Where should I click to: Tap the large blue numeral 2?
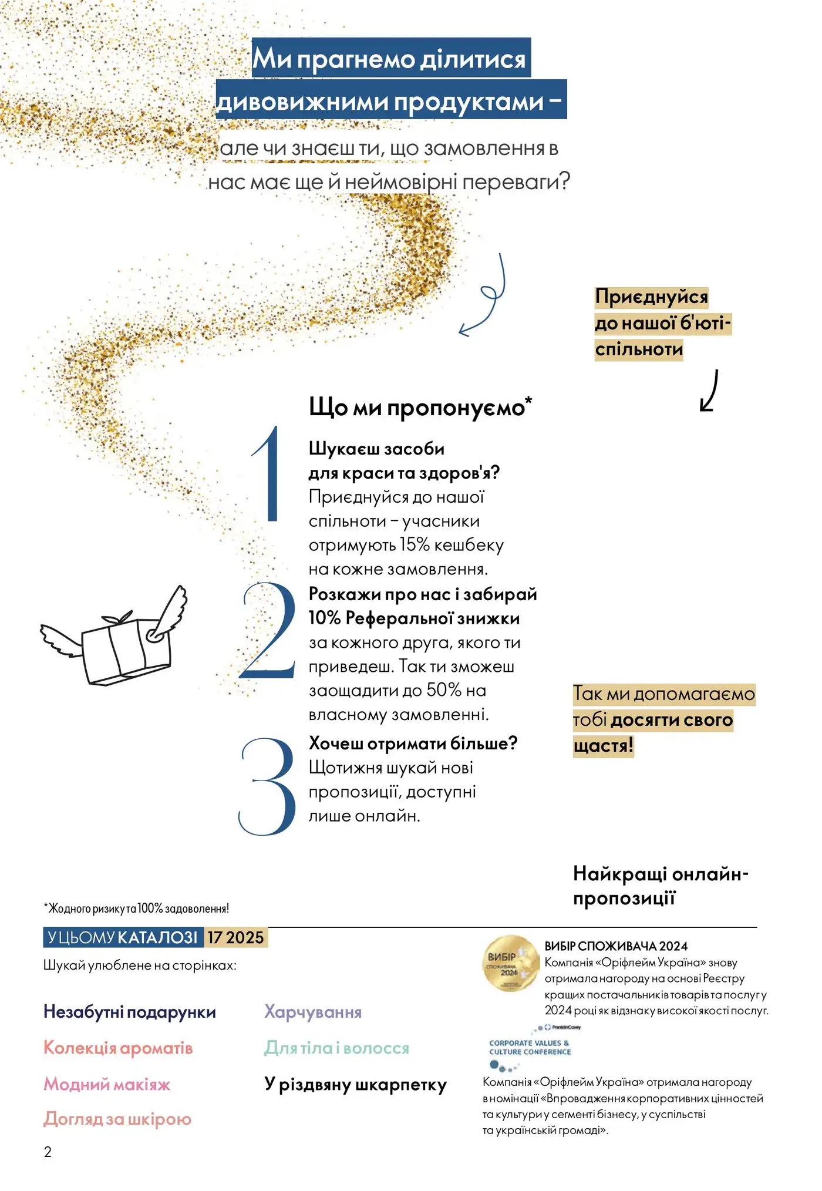269,631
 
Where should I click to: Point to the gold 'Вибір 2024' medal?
510,963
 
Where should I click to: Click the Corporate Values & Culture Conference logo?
530,1048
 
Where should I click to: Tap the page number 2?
48,1152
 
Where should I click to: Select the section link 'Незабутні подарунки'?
130,1012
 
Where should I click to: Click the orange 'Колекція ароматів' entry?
118,1048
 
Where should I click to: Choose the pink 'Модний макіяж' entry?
107,1084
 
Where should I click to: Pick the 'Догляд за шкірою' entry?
117,1119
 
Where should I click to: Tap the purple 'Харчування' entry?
313,1012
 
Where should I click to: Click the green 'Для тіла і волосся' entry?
336,1048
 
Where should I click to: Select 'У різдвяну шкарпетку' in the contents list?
355,1084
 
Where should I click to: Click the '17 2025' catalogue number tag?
235,937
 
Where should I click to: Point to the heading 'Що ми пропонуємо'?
420,407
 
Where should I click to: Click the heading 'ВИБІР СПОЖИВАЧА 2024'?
616,946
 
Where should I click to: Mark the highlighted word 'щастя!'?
603,746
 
